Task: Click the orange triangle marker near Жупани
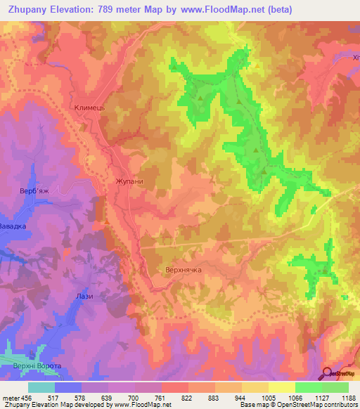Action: (106, 221)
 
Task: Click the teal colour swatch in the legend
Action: (41, 387)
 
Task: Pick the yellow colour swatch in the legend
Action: (281, 387)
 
